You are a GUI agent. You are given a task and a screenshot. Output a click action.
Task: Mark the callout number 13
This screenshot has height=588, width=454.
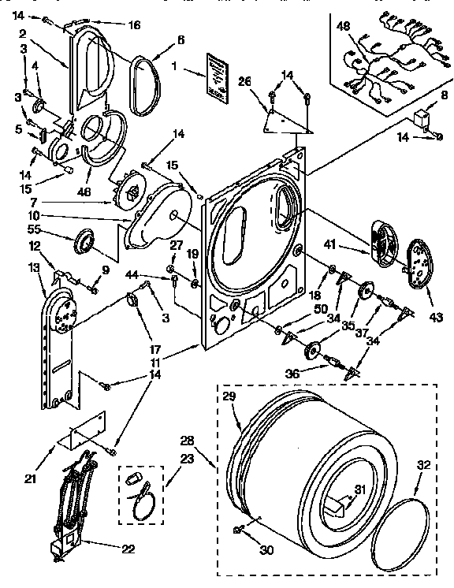[x=33, y=268]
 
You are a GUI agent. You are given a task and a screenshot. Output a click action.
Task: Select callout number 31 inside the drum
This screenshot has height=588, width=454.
[x=359, y=490]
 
